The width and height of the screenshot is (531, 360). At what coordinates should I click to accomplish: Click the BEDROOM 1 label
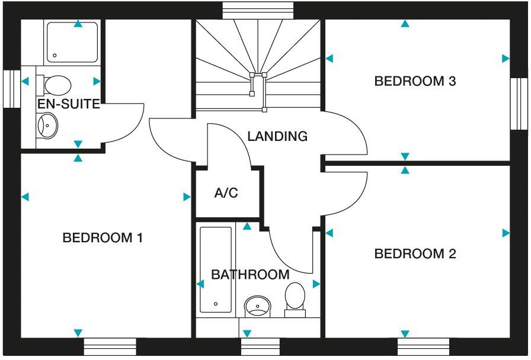103,238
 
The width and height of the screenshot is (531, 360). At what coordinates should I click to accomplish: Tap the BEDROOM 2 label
415,254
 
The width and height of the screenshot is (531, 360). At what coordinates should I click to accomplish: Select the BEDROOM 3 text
415,81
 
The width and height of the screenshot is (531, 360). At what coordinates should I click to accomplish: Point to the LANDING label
277,136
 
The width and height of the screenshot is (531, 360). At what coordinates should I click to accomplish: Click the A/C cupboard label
226,193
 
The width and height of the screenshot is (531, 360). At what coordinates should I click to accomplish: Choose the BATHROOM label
250,275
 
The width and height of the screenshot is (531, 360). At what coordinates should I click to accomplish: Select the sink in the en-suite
47,126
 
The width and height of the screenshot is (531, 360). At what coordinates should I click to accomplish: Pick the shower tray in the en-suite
72,42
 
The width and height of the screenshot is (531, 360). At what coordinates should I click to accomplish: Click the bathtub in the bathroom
216,269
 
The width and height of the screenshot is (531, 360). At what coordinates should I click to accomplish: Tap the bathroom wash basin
257,305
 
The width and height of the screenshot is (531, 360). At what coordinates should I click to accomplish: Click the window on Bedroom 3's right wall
519,104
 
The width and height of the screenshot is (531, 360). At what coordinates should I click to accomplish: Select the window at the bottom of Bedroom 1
110,346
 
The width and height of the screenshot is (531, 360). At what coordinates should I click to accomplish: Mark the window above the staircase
258,9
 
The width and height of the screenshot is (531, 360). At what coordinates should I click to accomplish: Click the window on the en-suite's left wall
11,89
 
